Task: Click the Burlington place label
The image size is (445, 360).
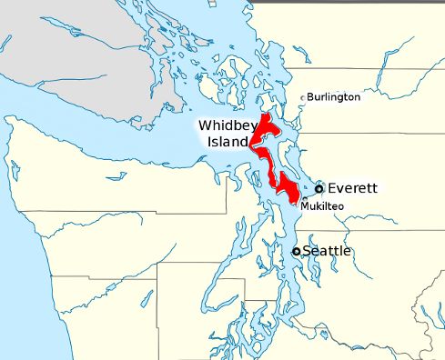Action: click(333, 96)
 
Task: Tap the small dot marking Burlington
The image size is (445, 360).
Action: click(303, 96)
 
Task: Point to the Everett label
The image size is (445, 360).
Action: click(352, 188)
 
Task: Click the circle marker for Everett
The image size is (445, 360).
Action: click(319, 188)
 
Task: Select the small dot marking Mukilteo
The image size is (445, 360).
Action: click(301, 202)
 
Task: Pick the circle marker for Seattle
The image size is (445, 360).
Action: click(296, 251)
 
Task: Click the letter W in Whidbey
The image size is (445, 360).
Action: click(204, 126)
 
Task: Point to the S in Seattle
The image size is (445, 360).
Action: click(307, 250)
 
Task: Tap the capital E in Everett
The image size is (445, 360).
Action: click(332, 188)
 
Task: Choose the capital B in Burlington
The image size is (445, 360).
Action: click(310, 96)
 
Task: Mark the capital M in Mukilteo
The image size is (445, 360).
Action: click(304, 206)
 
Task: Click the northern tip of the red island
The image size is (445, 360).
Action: click(265, 116)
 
